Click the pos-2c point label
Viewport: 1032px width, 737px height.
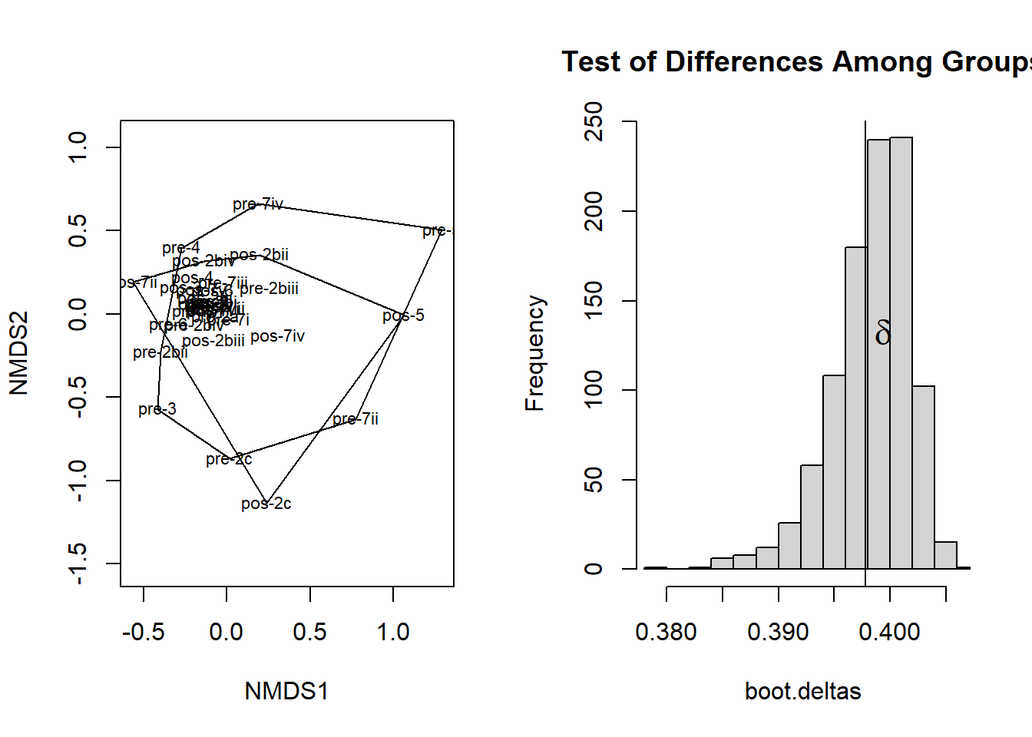click(266, 504)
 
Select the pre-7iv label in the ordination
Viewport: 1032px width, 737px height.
click(258, 204)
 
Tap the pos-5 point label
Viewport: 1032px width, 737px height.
click(403, 316)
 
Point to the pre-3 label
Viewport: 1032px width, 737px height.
click(157, 409)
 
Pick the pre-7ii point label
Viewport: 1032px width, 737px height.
click(356, 419)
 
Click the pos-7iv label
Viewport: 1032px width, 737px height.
click(277, 336)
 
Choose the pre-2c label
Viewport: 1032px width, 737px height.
click(229, 459)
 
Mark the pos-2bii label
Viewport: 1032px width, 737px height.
click(259, 255)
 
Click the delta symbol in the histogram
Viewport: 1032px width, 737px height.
click(883, 334)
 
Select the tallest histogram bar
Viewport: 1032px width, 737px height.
click(901, 353)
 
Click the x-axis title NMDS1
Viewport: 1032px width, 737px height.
click(286, 691)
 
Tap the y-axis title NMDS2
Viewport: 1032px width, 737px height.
click(18, 353)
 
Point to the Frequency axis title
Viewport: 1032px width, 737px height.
click(534, 353)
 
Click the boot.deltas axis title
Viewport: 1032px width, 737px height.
click(802, 691)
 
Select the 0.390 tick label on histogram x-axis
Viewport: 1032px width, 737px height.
click(778, 632)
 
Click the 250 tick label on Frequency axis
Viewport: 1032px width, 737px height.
click(594, 121)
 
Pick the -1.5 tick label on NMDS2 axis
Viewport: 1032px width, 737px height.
click(78, 563)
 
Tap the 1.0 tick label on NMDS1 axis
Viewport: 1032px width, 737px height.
click(393, 632)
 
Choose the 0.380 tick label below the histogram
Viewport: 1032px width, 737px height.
click(666, 632)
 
